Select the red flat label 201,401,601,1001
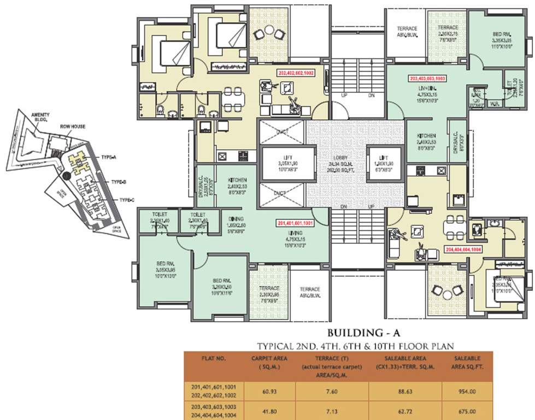295,223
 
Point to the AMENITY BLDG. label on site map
25,116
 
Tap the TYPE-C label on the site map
127,200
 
